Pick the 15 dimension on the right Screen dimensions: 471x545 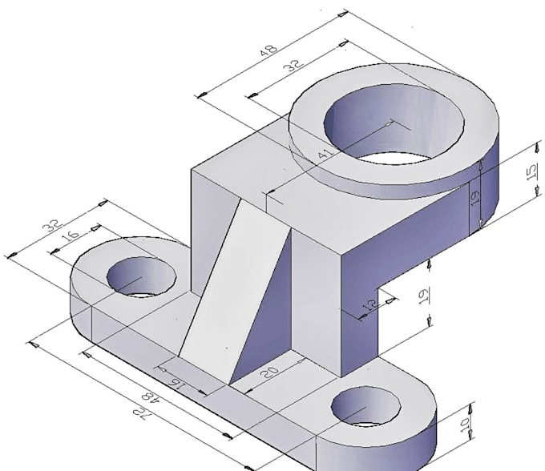coord(530,173)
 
